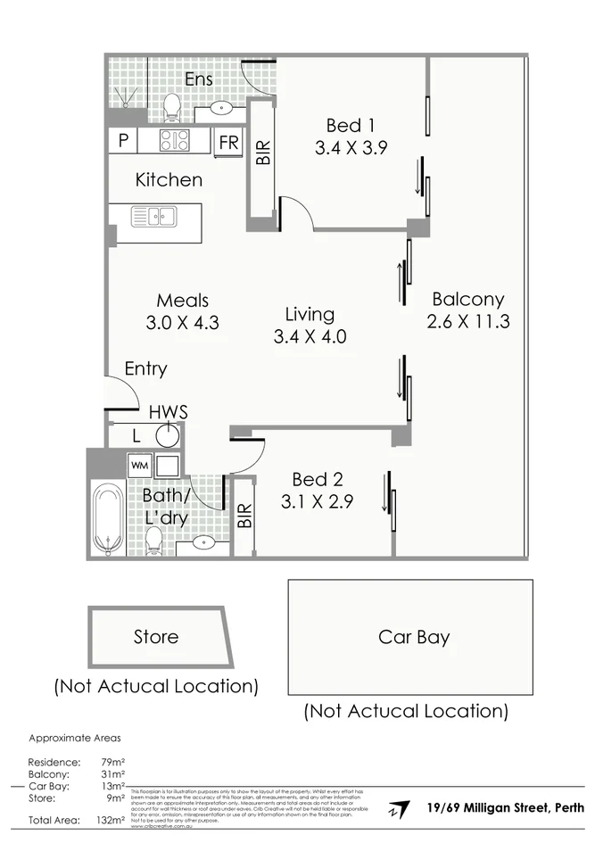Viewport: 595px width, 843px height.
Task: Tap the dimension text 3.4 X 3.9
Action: (x=351, y=148)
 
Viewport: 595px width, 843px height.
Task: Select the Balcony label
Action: (x=467, y=299)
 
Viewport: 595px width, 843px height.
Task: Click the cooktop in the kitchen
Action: (x=174, y=140)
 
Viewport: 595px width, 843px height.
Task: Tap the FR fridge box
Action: (x=228, y=142)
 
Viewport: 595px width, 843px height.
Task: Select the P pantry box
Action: (x=122, y=140)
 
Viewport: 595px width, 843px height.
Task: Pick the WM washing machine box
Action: (x=138, y=465)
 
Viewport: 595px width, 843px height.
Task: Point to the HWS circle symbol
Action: (x=168, y=436)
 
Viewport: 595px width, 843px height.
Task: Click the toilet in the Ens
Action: (x=173, y=109)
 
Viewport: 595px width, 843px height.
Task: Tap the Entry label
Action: (x=145, y=368)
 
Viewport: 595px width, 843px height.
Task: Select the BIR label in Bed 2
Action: (x=245, y=517)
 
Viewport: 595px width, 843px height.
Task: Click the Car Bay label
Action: (x=414, y=637)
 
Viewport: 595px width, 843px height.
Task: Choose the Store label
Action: (x=156, y=637)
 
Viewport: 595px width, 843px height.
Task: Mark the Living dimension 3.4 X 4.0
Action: (x=310, y=337)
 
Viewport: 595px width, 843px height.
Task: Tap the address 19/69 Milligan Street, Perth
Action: (x=506, y=808)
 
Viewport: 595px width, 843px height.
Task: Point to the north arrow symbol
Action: (x=393, y=811)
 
